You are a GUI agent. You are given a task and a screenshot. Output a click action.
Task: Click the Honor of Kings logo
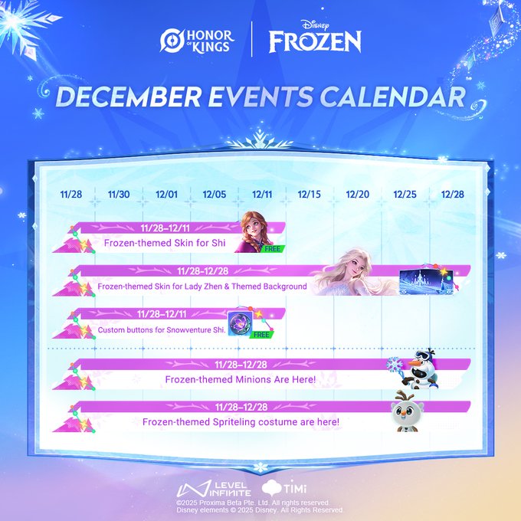coord(197,41)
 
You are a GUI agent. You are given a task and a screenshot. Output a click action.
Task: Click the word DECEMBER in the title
coord(128,97)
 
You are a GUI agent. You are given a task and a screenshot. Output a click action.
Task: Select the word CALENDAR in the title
coord(392,97)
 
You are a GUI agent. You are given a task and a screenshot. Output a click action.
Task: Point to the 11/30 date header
coord(119,195)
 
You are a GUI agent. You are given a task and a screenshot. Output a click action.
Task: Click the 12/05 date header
coord(215,195)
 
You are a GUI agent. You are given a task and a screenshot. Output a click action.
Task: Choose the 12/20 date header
coord(358,195)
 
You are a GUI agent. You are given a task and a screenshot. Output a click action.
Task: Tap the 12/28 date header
coord(452,195)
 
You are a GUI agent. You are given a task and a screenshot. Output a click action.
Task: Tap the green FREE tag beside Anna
coord(273,248)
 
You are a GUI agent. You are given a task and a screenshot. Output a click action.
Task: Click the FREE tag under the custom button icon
coord(261,335)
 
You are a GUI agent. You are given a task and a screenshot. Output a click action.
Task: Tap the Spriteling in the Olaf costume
coord(407,411)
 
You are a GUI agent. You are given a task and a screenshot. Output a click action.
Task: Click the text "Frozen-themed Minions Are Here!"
coord(241,379)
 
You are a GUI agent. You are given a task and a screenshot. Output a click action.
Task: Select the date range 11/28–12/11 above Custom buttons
coord(162,314)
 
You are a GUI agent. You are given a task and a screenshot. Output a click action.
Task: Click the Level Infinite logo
coord(213,489)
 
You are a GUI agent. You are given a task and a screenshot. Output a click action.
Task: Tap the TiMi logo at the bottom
coord(284,488)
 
